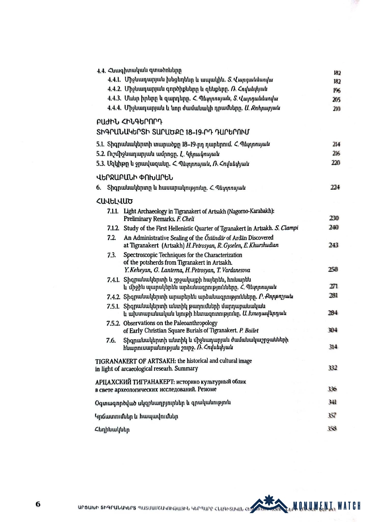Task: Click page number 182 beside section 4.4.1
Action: point(337,82)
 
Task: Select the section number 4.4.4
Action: point(115,108)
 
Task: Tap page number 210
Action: point(336,109)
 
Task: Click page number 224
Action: point(335,187)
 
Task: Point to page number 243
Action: point(333,245)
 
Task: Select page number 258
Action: point(333,269)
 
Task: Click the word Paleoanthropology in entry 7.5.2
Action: point(196,323)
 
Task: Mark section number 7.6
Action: point(111,341)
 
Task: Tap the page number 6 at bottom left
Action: point(38,504)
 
